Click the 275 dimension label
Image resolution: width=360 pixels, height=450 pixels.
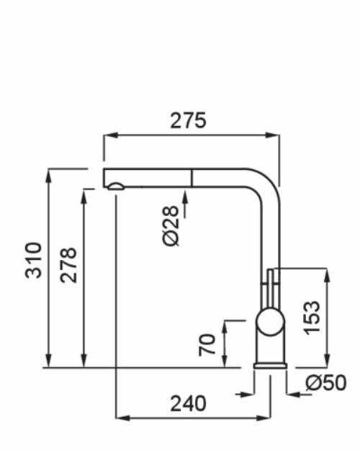(x=188, y=120)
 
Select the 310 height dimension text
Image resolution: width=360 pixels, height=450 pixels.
(x=34, y=261)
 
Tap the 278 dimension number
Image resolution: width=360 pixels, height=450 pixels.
(x=68, y=265)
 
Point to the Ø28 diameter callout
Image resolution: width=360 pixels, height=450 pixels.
(x=171, y=226)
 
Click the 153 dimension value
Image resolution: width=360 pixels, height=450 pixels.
(x=312, y=318)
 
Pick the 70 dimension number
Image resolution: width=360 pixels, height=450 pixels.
(x=207, y=345)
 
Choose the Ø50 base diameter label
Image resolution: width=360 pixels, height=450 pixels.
(x=326, y=382)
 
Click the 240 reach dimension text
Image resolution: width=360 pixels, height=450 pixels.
(x=188, y=403)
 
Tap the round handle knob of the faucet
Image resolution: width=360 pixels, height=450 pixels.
(x=270, y=321)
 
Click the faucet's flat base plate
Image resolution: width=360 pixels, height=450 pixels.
(x=270, y=366)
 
